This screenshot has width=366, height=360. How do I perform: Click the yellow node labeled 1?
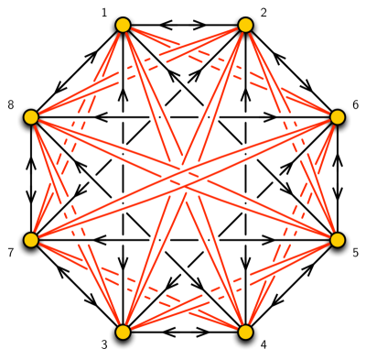pyautogui.click(x=122, y=26)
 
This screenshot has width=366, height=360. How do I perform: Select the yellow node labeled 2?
pyautogui.click(x=244, y=26)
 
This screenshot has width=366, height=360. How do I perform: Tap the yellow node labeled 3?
pyautogui.click(x=122, y=332)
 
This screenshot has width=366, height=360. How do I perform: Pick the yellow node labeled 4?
pyautogui.click(x=244, y=332)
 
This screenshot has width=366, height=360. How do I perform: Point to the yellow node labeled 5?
pyautogui.click(x=337, y=240)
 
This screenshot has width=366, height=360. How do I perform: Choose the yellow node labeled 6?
pyautogui.click(x=337, y=117)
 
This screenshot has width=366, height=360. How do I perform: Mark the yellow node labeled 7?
pyautogui.click(x=30, y=240)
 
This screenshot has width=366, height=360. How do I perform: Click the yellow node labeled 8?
pyautogui.click(x=30, y=117)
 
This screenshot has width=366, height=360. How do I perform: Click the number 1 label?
pyautogui.click(x=104, y=13)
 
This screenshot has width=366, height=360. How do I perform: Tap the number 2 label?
pyautogui.click(x=264, y=13)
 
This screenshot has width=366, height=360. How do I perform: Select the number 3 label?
pyautogui.click(x=104, y=344)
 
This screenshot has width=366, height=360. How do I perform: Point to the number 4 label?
pyautogui.click(x=264, y=344)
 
